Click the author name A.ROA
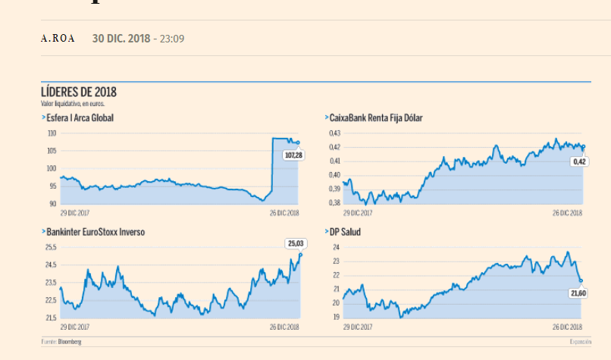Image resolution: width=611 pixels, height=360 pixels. point(58,39)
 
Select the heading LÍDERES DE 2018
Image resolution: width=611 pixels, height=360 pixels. point(79,92)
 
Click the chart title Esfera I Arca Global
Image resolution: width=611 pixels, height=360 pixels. point(80,118)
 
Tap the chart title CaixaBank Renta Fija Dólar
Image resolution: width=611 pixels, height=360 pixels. point(376,118)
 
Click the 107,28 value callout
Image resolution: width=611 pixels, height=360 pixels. point(293,155)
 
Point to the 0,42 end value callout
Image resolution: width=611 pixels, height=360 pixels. point(579,161)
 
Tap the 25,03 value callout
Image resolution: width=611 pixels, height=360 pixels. point(295,243)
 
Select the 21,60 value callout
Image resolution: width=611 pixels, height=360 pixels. point(578,292)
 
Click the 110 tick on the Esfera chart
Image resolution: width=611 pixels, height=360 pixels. point(52,133)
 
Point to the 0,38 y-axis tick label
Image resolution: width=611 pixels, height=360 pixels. point(334,203)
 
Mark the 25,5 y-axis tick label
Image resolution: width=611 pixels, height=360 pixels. point(51,247)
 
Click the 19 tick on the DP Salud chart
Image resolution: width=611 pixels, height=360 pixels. point(336,317)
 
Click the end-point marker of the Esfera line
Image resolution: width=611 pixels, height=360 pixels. point(298,142)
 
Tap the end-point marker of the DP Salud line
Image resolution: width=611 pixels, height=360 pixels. point(581,281)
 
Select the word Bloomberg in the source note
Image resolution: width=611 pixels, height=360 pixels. point(70,343)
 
